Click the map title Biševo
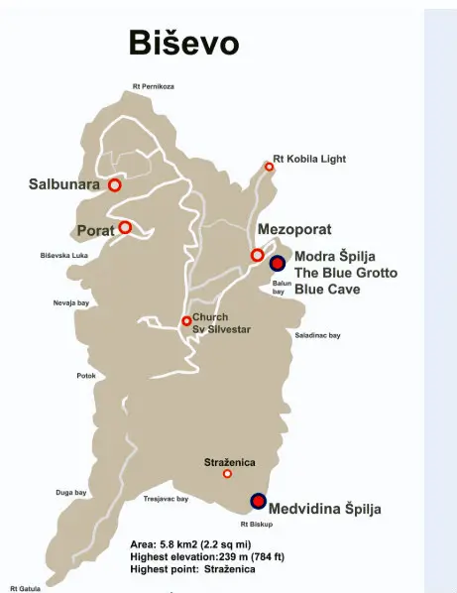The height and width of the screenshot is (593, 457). (x=183, y=44)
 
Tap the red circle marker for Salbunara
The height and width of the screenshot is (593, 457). (x=115, y=184)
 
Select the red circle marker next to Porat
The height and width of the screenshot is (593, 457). (x=125, y=227)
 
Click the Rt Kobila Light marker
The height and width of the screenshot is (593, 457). (x=269, y=167)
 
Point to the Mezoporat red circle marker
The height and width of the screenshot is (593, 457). (x=257, y=255)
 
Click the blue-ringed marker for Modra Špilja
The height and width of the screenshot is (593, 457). (x=278, y=263)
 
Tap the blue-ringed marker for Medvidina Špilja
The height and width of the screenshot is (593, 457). (x=258, y=501)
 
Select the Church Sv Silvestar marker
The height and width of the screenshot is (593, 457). (x=186, y=320)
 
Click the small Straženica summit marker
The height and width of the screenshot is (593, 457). (x=227, y=474)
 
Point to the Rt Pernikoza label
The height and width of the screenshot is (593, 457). (x=154, y=87)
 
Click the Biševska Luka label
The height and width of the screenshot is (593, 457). (x=64, y=256)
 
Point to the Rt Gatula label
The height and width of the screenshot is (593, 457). (x=26, y=587)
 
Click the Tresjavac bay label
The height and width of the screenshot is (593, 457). (x=166, y=499)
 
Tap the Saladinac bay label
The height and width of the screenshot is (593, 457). (x=317, y=335)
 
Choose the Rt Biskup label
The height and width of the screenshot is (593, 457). (x=256, y=523)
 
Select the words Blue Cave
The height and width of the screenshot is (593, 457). (x=327, y=290)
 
